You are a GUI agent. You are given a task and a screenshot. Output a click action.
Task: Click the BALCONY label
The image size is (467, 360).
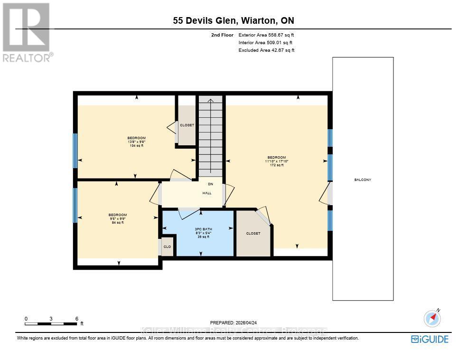point(363,180)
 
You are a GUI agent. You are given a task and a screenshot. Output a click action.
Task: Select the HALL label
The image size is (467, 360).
point(207,193)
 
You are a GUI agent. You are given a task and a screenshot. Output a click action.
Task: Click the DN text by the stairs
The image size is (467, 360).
point(210,184)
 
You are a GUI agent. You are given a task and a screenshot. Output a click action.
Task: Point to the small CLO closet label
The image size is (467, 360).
point(167,247)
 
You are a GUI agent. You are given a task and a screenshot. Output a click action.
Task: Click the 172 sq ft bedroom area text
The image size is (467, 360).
point(277,165)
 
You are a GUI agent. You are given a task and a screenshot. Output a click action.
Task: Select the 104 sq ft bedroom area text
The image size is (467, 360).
point(136,146)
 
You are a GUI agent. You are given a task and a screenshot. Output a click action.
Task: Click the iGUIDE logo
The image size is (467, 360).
point(429,339)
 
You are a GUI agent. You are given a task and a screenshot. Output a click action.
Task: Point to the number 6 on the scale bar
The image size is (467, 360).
point(76,319)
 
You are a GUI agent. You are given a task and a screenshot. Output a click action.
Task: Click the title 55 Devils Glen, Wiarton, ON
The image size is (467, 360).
point(233,20)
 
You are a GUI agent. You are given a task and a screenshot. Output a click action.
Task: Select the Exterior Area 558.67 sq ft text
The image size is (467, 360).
point(269,35)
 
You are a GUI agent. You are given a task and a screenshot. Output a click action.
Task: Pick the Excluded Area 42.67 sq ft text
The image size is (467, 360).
point(266,50)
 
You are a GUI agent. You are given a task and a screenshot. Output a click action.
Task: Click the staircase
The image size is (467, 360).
point(211,135)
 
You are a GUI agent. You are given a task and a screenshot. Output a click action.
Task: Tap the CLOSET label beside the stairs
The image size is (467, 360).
point(187,125)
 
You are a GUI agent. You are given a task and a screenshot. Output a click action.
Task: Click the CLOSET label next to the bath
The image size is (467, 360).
point(253,234)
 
